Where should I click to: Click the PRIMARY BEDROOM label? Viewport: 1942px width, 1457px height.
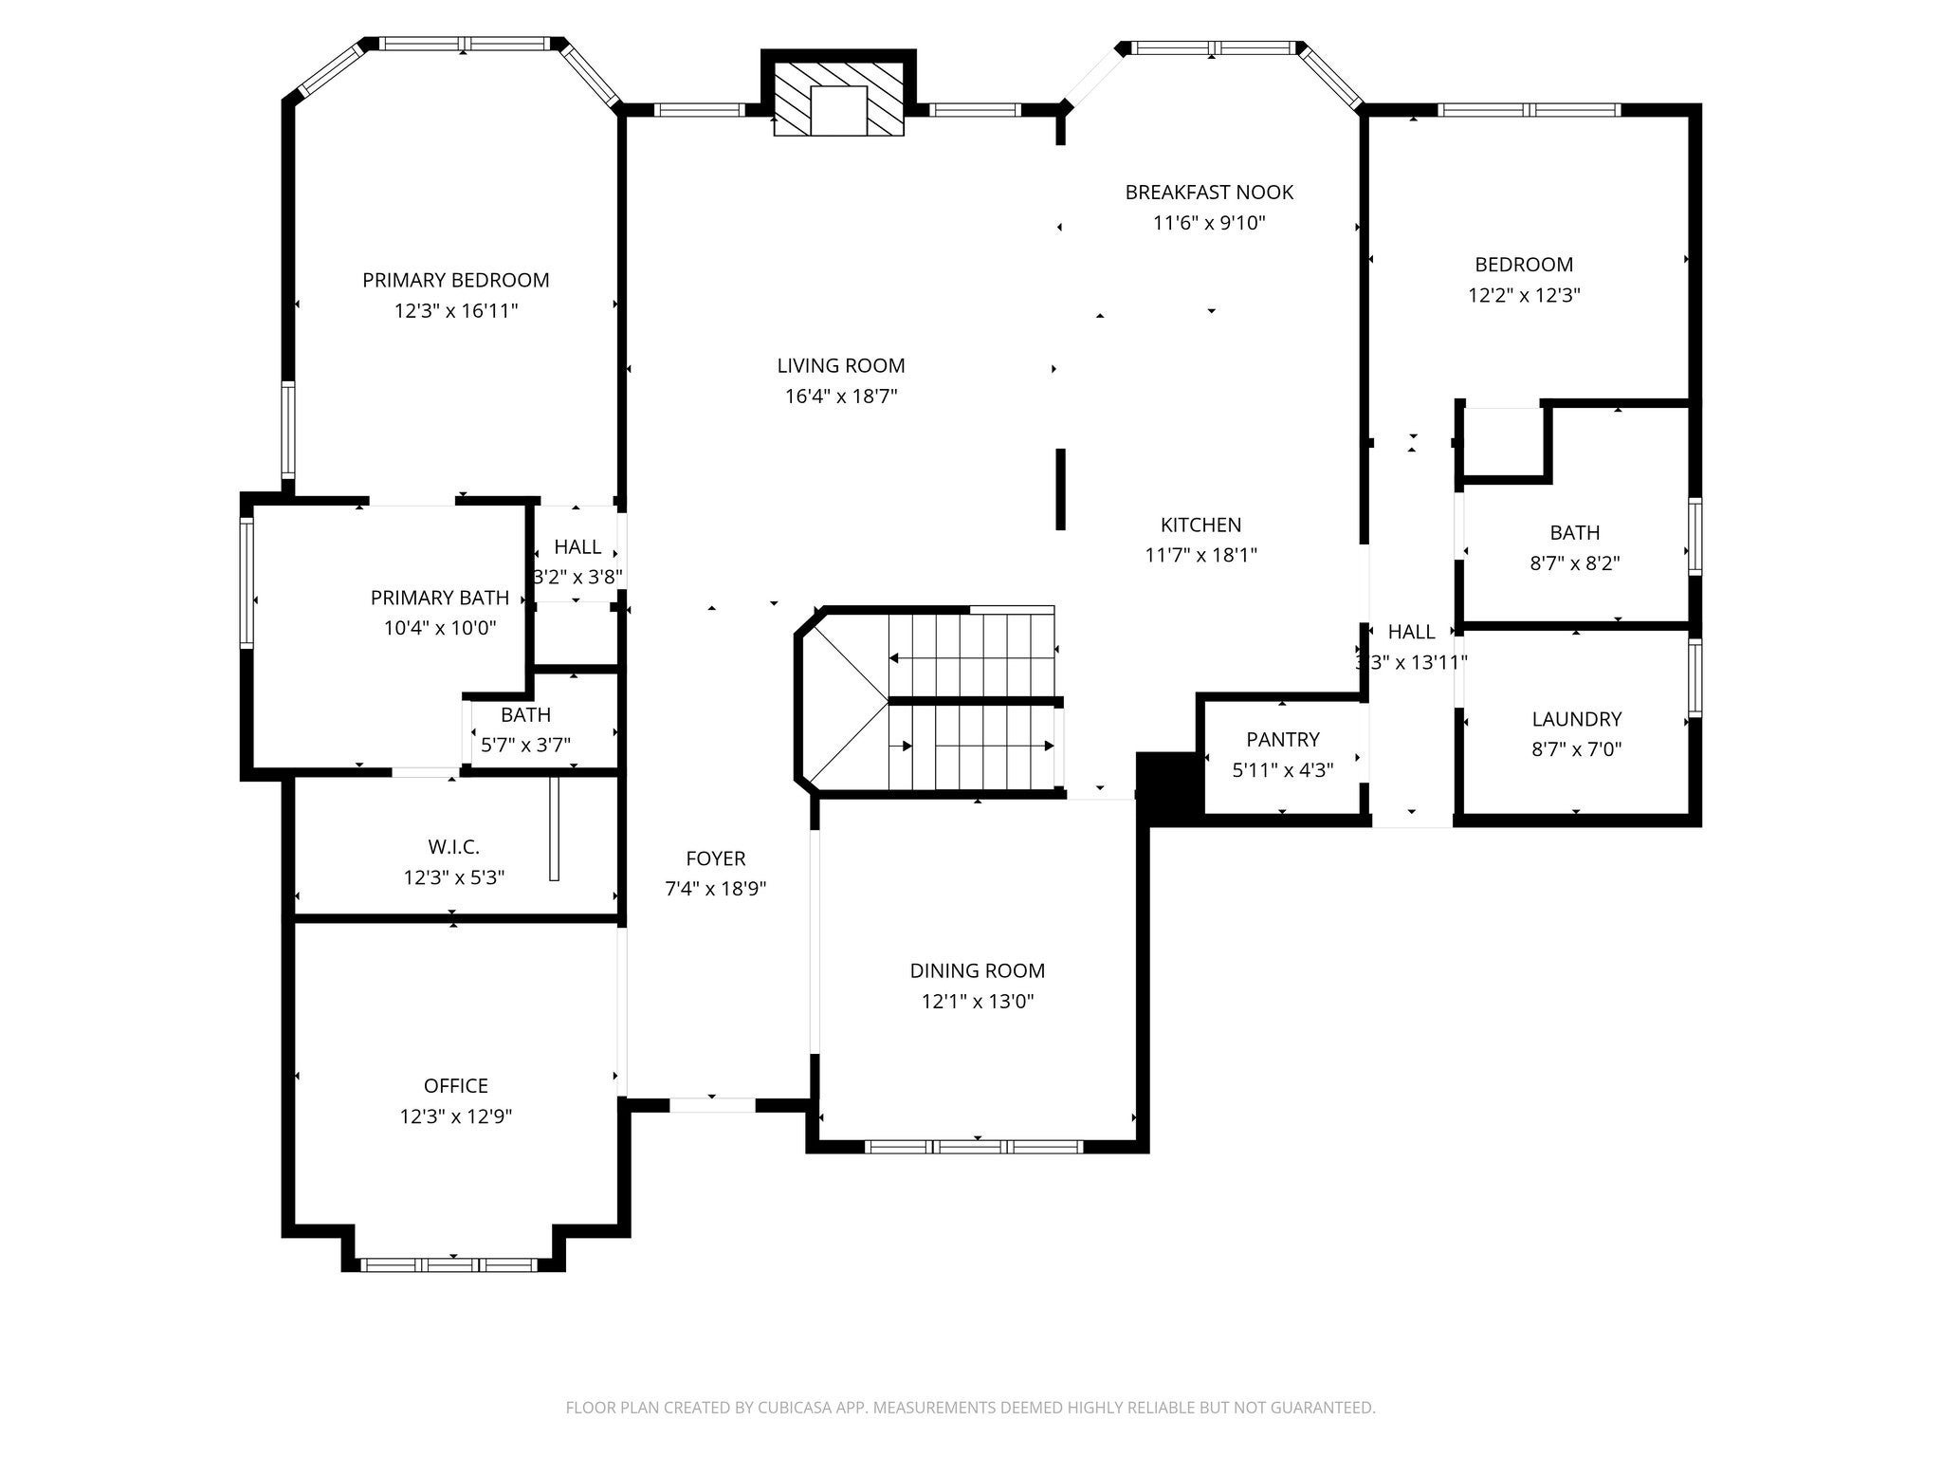(455, 280)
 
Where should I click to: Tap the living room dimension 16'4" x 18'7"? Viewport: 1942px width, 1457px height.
(841, 397)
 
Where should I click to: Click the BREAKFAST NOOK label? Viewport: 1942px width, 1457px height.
(1209, 193)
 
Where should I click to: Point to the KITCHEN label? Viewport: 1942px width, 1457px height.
(1200, 525)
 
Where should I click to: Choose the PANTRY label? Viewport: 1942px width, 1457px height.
(1283, 739)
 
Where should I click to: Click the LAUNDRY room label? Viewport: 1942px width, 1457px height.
(1577, 719)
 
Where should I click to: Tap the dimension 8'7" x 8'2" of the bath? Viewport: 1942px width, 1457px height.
(1575, 563)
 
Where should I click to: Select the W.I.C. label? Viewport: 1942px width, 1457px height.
(454, 846)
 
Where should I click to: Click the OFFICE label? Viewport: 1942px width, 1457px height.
(456, 1085)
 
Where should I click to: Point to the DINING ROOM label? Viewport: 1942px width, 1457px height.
(978, 970)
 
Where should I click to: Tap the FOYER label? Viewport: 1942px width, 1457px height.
(716, 858)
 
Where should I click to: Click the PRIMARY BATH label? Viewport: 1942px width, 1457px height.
(440, 598)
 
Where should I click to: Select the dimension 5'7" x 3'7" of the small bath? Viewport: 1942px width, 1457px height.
(525, 746)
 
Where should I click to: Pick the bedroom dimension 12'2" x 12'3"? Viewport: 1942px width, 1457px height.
(1524, 295)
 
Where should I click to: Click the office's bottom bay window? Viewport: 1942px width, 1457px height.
(450, 1264)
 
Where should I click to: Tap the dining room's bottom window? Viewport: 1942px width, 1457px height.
(975, 1147)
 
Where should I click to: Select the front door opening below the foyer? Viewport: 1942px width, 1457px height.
(713, 1105)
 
